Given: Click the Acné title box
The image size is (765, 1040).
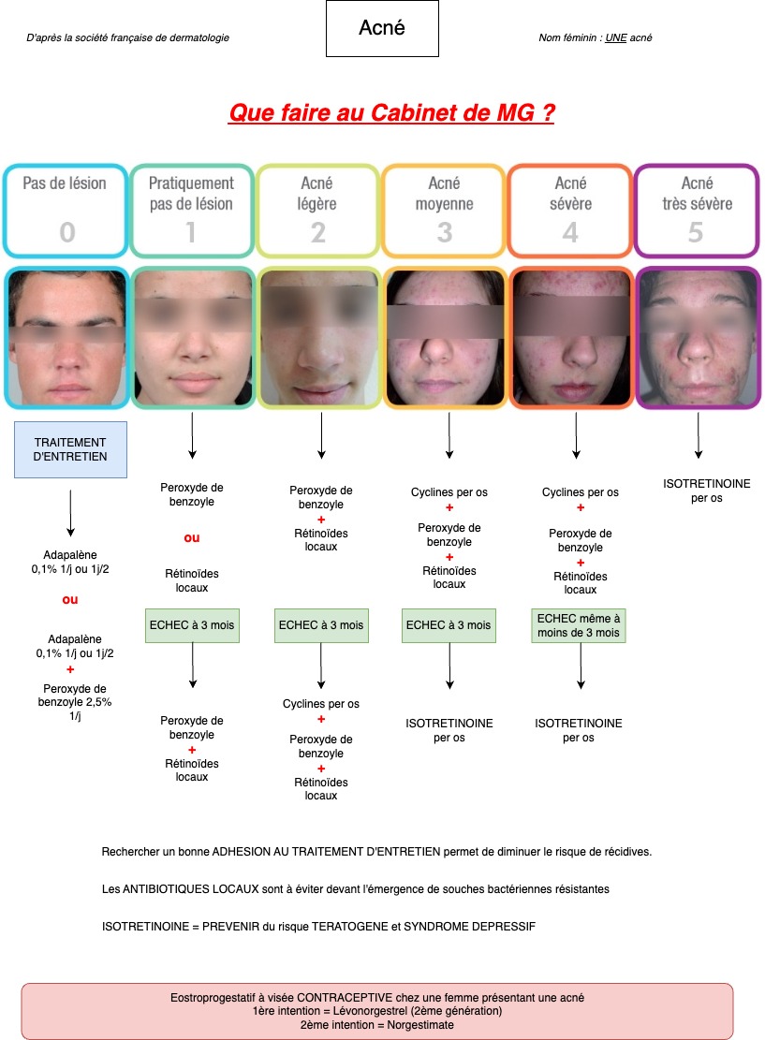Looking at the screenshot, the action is click(382, 28).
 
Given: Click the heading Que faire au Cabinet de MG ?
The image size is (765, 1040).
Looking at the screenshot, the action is click(391, 112).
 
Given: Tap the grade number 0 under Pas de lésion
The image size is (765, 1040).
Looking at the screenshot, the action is click(67, 232).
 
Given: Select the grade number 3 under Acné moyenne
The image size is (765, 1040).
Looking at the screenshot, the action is click(445, 232).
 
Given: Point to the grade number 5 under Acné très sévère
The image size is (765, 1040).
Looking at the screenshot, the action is click(696, 232).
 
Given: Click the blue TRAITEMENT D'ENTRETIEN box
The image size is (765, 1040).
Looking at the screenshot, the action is click(70, 449).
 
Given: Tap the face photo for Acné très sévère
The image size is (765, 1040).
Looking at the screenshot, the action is click(698, 337).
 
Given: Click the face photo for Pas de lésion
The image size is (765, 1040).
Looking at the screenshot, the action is click(66, 337).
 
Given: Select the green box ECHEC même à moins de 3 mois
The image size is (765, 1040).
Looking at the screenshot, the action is click(579, 625).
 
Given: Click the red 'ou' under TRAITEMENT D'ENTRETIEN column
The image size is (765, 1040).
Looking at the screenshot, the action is click(69, 600).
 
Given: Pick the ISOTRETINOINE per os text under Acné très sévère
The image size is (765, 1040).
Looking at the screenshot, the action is click(707, 491).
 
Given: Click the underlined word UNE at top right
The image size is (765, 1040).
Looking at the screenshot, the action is click(616, 37).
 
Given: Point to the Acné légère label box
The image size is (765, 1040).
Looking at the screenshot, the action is click(317, 211).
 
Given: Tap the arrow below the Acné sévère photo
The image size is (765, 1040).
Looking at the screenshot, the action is click(576, 435).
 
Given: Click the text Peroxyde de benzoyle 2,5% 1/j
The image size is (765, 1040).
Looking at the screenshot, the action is click(75, 702).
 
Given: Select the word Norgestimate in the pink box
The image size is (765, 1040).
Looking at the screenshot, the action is click(420, 1025).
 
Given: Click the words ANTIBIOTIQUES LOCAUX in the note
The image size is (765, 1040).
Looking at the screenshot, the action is click(190, 888).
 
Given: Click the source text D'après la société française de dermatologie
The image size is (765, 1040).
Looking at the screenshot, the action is click(128, 37).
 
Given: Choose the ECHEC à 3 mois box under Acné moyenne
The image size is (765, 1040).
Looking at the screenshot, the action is click(449, 625).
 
